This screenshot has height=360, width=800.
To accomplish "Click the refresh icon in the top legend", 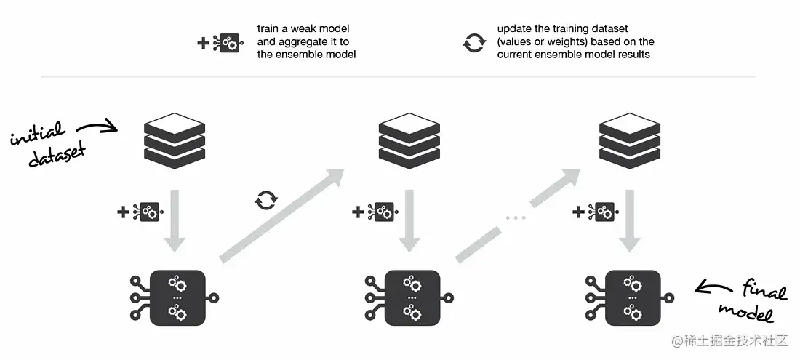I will click(473, 43).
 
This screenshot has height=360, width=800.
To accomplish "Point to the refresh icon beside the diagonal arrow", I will click(265, 200).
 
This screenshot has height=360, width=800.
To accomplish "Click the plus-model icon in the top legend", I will click(220, 43).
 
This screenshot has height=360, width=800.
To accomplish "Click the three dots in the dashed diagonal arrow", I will click(515, 216).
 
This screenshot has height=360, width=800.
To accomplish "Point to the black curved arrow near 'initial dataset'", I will click(97, 129).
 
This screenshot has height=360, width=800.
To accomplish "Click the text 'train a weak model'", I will click(303, 29).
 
